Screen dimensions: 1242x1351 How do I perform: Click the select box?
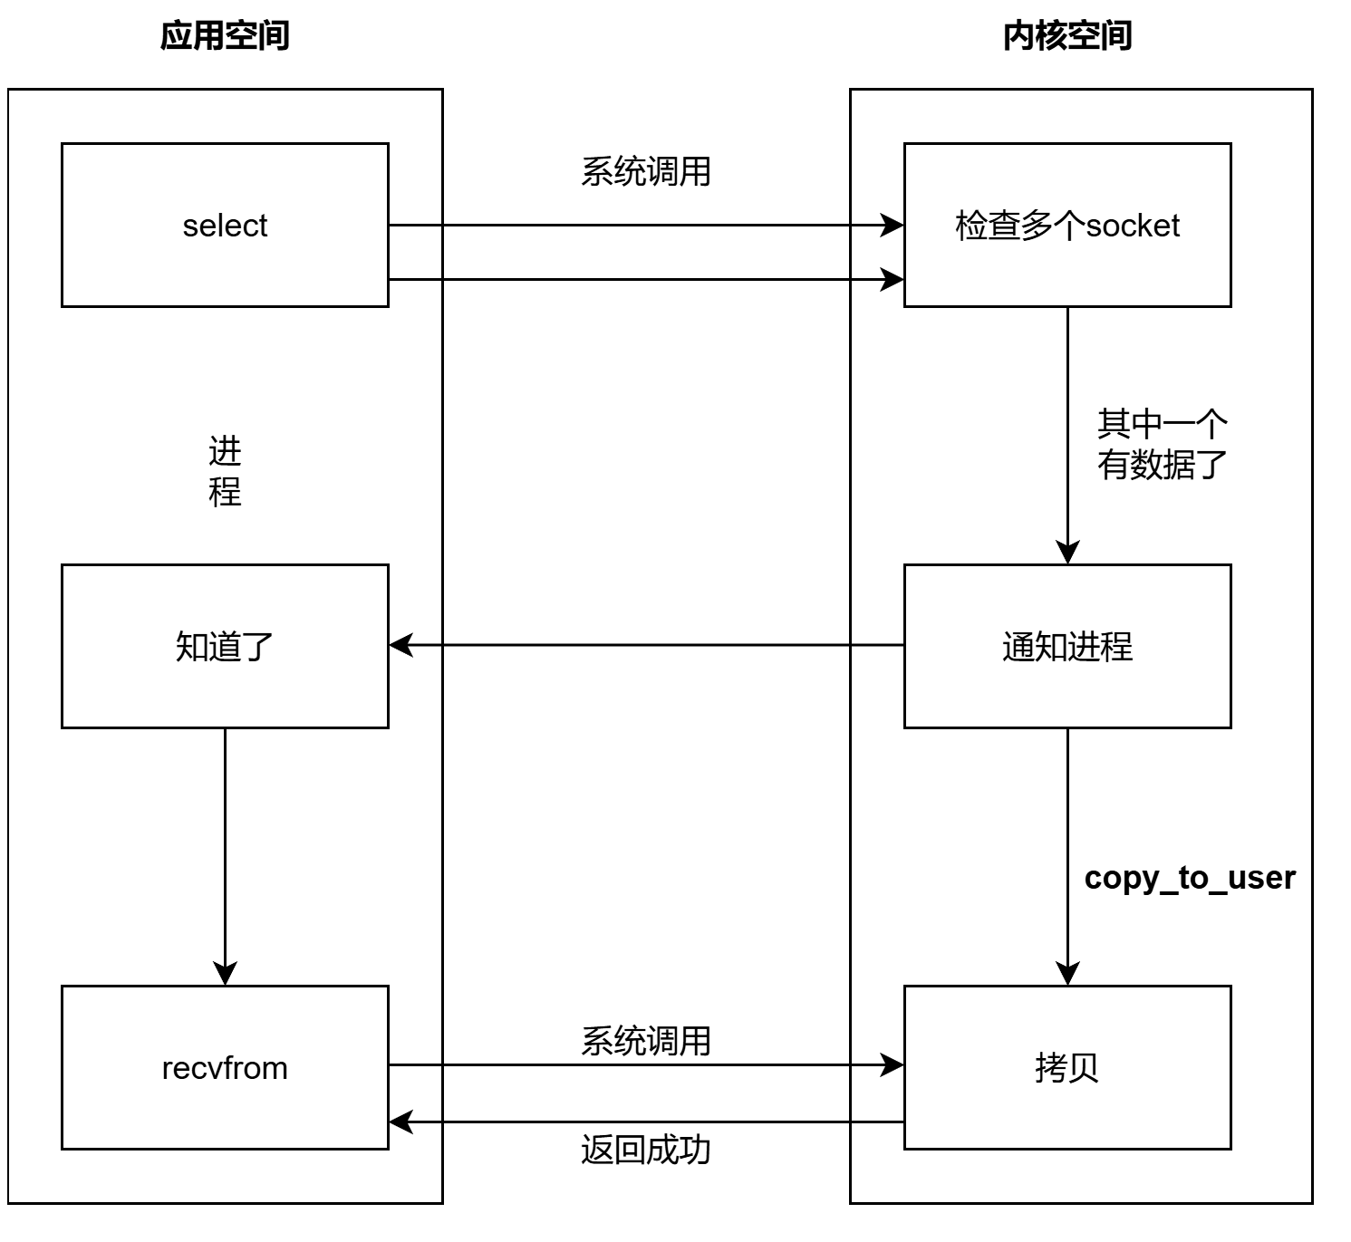225,225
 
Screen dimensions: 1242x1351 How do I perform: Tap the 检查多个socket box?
1066,225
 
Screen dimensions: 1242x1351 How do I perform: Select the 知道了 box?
225,646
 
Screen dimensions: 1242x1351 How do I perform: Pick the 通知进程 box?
1066,646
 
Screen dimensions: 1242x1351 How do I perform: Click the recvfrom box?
225,1067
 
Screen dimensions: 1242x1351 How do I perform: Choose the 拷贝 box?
1066,1067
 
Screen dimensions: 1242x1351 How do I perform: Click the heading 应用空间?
225,36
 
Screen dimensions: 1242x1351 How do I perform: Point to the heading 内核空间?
1066,36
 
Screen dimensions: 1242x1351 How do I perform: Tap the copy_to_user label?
1189,877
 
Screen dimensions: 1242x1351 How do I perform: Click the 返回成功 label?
645,1150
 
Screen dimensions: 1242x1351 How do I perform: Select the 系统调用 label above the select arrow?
645,171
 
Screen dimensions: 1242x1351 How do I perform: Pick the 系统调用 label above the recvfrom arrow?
645,1041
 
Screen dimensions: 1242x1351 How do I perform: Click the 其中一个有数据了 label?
1162,444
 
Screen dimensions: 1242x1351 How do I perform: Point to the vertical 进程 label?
225,471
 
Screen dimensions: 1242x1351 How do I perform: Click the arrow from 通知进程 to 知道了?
645,645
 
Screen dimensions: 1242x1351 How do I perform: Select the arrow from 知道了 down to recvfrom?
225,856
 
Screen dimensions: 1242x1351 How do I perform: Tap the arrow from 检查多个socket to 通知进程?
1067,435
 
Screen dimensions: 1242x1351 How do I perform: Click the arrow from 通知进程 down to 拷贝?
1067,856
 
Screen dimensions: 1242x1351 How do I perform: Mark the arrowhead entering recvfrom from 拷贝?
400,1122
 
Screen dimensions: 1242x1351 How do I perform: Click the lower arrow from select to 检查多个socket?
645,279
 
